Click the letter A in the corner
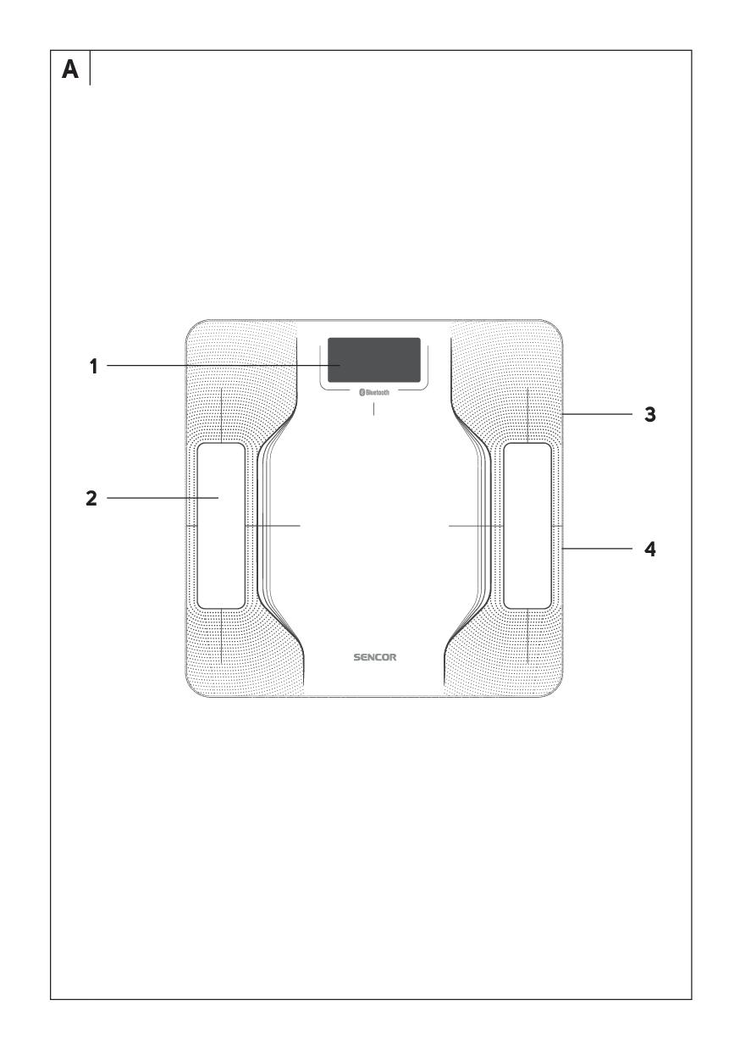tap(70, 69)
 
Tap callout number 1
tap(94, 366)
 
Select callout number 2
tap(91, 498)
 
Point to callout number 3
tap(650, 414)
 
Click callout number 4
tap(650, 549)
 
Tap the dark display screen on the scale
tap(374, 360)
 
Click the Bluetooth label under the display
tap(374, 392)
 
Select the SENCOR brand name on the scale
tap(375, 657)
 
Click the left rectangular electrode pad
tap(221, 526)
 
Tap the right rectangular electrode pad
tap(527, 526)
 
